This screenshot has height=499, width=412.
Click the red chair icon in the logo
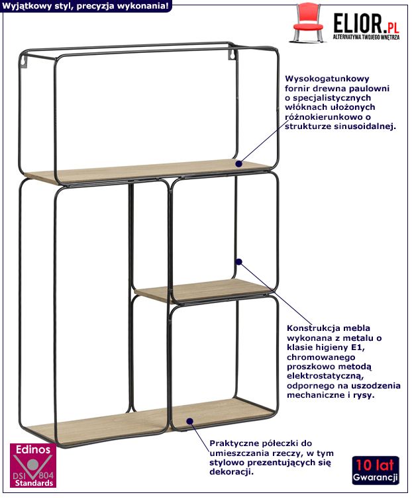pyautogui.click(x=307, y=23)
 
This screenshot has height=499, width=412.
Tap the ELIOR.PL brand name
pyautogui.click(x=366, y=23)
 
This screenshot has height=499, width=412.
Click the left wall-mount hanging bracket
pyautogui.click(x=24, y=62)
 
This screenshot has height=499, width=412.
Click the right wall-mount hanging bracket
pyautogui.click(x=232, y=54)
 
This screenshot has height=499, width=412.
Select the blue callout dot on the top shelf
pyautogui.click(x=238, y=163)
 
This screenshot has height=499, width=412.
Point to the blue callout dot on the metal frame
pyautogui.click(x=238, y=261)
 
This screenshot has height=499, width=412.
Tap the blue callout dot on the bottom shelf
pyautogui.click(x=190, y=422)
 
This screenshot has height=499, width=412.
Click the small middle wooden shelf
pyautogui.click(x=204, y=291)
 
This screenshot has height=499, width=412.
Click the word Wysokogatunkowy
pyautogui.click(x=327, y=79)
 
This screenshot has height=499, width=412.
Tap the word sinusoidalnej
pyautogui.click(x=365, y=126)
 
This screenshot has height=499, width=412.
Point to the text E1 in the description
pyautogui.click(x=357, y=347)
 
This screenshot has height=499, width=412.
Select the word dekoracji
pyautogui.click(x=232, y=472)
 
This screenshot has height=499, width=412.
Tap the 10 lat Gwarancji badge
pyautogui.click(x=376, y=471)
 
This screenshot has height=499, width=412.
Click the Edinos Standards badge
pyautogui.click(x=33, y=466)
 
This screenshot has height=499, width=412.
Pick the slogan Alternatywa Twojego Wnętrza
pyautogui.click(x=366, y=38)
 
